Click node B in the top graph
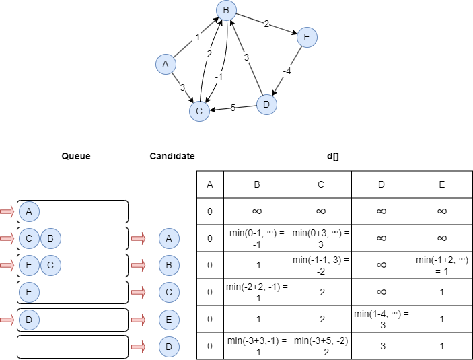(x=226, y=10)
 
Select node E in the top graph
(x=306, y=37)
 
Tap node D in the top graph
(x=266, y=104)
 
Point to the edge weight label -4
(x=287, y=71)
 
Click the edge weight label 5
(x=233, y=108)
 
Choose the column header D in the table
(x=381, y=184)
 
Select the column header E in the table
(x=442, y=184)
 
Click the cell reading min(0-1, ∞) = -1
(x=257, y=238)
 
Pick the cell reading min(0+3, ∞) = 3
(x=321, y=238)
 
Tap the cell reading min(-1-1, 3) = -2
(x=321, y=264)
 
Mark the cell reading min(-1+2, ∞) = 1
(x=442, y=264)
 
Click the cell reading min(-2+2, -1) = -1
(x=257, y=292)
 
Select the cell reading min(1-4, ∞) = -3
(x=381, y=319)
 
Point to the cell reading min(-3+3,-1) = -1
(x=257, y=346)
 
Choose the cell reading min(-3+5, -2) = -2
(x=321, y=346)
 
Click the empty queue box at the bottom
(x=73, y=347)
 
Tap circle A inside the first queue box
(x=28, y=211)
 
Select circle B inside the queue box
(x=51, y=238)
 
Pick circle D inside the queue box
(x=28, y=319)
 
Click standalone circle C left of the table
(x=169, y=292)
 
